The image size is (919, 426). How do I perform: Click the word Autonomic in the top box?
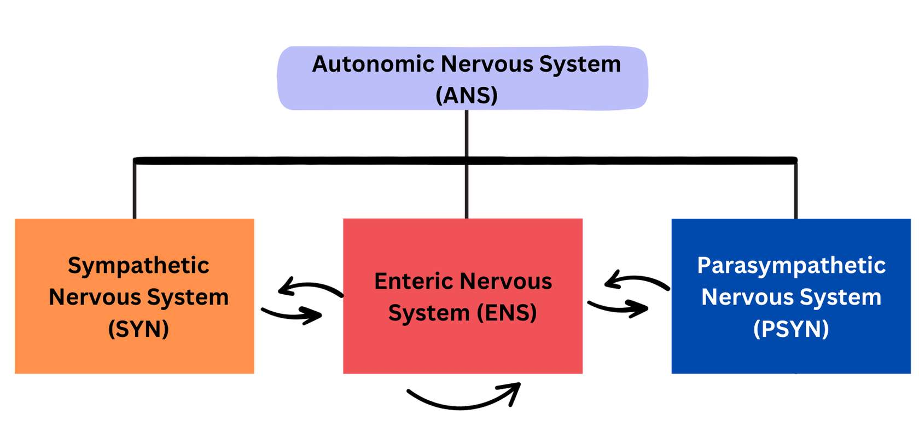click(x=373, y=65)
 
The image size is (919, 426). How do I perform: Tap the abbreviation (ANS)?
click(x=467, y=95)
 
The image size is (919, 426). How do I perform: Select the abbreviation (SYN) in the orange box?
click(x=138, y=329)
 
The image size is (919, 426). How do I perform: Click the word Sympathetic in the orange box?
click(x=138, y=266)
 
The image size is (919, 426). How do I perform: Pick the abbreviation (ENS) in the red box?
click(x=507, y=313)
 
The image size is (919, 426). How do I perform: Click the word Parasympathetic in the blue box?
click(x=791, y=266)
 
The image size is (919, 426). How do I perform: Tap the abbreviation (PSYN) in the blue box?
click(x=791, y=329)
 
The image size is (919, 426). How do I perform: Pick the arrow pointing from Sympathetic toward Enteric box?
click(x=292, y=314)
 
